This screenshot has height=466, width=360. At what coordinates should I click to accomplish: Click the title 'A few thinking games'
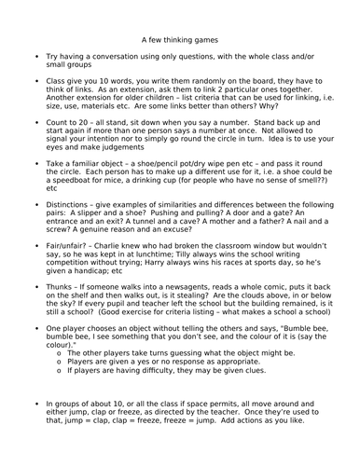(x=182, y=40)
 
